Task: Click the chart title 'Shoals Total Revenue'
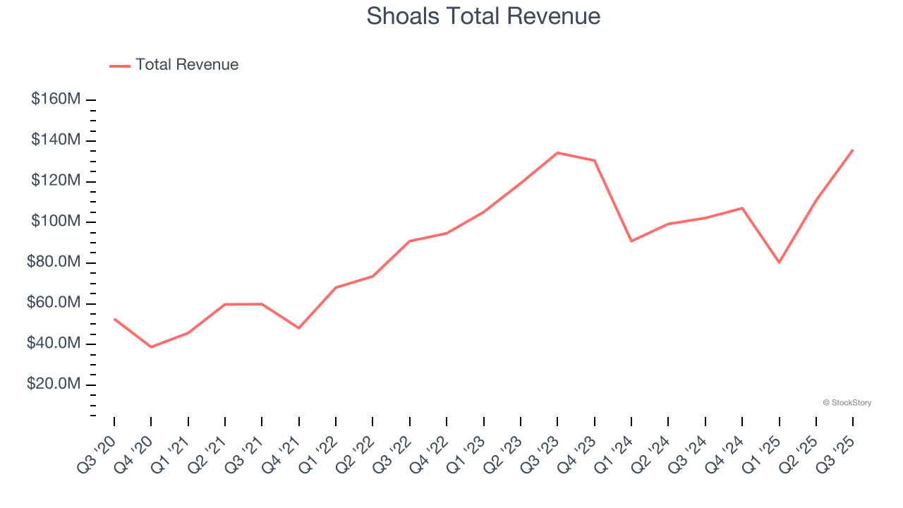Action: (x=483, y=16)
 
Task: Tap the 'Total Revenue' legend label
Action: (x=187, y=65)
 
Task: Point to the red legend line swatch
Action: (x=120, y=66)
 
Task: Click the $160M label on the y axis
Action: (x=56, y=99)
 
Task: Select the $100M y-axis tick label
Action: (x=56, y=222)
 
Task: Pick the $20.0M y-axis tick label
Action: (x=54, y=385)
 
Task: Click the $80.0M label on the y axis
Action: (x=54, y=262)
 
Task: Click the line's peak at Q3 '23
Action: (x=557, y=152)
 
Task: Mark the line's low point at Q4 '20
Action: (x=151, y=347)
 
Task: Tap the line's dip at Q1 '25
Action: (x=779, y=262)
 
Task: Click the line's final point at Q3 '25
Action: (x=852, y=150)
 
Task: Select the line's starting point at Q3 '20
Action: (x=114, y=319)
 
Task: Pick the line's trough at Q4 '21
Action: (x=298, y=328)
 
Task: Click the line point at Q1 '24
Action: (x=631, y=241)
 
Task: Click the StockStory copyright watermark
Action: (x=847, y=403)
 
